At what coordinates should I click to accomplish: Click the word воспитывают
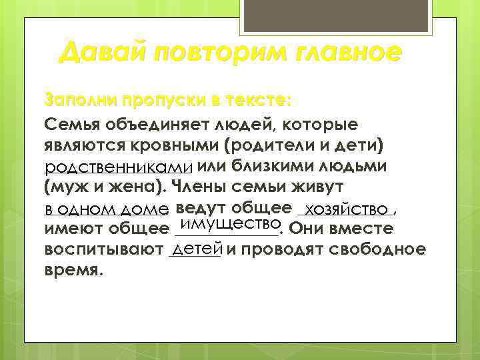coord(103,251)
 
